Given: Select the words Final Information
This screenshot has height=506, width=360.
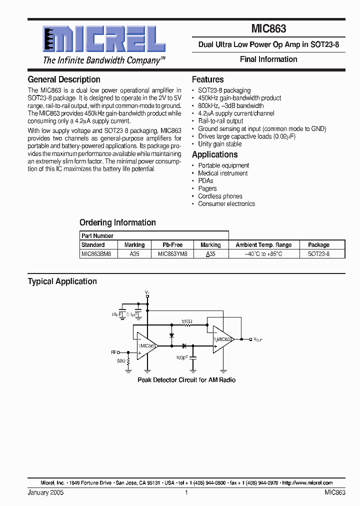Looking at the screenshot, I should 268,59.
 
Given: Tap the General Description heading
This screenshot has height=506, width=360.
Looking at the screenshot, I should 64,79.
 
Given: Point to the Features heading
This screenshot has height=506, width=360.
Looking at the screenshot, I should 207,79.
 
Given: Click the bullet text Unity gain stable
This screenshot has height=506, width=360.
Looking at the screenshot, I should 220,144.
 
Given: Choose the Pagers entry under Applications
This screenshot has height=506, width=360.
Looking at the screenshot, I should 207,188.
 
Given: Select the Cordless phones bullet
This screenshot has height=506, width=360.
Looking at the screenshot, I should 220,196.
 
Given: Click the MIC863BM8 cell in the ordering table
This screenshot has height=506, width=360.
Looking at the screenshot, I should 96,254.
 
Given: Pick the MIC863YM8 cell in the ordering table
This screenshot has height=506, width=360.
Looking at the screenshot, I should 172,254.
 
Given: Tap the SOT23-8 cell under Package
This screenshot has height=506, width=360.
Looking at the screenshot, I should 318,254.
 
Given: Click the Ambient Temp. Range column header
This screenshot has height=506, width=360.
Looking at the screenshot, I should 263,245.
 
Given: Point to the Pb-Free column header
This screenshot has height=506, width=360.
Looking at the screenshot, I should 172,245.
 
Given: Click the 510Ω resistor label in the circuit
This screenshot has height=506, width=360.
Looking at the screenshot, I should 187,320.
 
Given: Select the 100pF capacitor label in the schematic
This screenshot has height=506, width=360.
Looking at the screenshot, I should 181,358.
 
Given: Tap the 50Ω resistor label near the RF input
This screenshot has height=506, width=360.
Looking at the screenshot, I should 121,360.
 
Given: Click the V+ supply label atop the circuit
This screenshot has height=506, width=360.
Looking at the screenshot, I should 147,292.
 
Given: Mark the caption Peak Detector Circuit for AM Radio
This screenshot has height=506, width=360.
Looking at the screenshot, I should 186,380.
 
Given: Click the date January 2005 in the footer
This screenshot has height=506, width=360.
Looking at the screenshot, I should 45,493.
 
